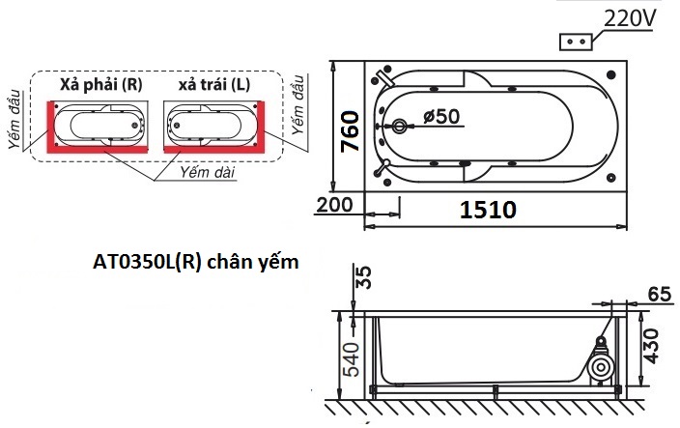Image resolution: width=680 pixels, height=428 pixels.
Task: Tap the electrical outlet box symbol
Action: (x=579, y=42)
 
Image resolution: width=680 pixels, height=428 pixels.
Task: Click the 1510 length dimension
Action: (x=488, y=209)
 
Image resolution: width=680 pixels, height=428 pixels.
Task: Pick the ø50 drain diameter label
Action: (x=442, y=117)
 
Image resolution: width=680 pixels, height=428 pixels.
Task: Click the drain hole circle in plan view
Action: (x=400, y=126)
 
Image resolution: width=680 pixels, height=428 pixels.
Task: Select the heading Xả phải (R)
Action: (x=100, y=84)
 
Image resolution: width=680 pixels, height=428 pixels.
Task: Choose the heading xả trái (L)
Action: (x=213, y=84)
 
